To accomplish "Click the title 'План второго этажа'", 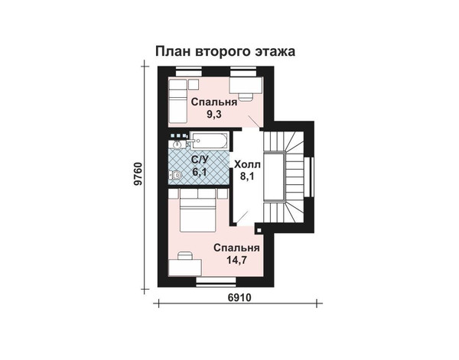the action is click(225, 51).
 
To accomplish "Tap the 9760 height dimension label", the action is click(137, 174).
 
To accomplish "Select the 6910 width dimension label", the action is click(239, 297).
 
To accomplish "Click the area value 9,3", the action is click(214, 114).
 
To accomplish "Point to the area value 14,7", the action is click(236, 259).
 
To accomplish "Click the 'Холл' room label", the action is click(247, 164).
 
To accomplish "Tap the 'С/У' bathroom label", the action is click(200, 160).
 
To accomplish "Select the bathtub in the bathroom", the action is click(210, 141).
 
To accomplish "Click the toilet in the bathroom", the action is click(175, 175).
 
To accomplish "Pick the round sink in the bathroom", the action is click(177, 144).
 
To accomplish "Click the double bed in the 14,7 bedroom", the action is click(197, 210).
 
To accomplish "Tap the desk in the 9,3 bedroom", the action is click(246, 86).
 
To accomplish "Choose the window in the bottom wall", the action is click(216, 281).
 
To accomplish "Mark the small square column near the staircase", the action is click(259, 229).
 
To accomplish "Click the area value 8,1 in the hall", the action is click(247, 177).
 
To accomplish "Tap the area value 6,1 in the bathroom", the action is click(200, 171).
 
